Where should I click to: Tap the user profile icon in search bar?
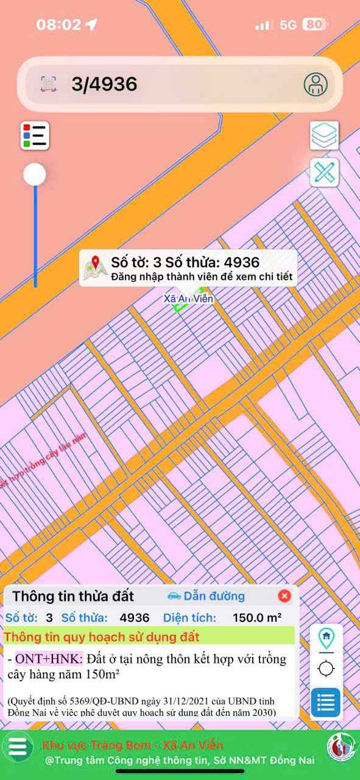click(316, 84)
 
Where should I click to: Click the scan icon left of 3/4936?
click(49, 84)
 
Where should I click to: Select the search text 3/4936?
click(104, 84)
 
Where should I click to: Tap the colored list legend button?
click(35, 135)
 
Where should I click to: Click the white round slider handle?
click(35, 175)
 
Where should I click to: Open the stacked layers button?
click(324, 135)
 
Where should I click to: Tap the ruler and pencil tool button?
click(324, 172)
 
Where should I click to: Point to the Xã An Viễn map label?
click(189, 299)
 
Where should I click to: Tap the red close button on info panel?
click(284, 596)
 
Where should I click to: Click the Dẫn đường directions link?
click(206, 596)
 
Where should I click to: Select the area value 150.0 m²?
click(257, 617)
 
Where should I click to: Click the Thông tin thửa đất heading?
click(73, 596)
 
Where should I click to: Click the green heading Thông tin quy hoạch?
click(102, 637)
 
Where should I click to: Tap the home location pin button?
click(326, 637)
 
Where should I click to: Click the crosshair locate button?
click(326, 668)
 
